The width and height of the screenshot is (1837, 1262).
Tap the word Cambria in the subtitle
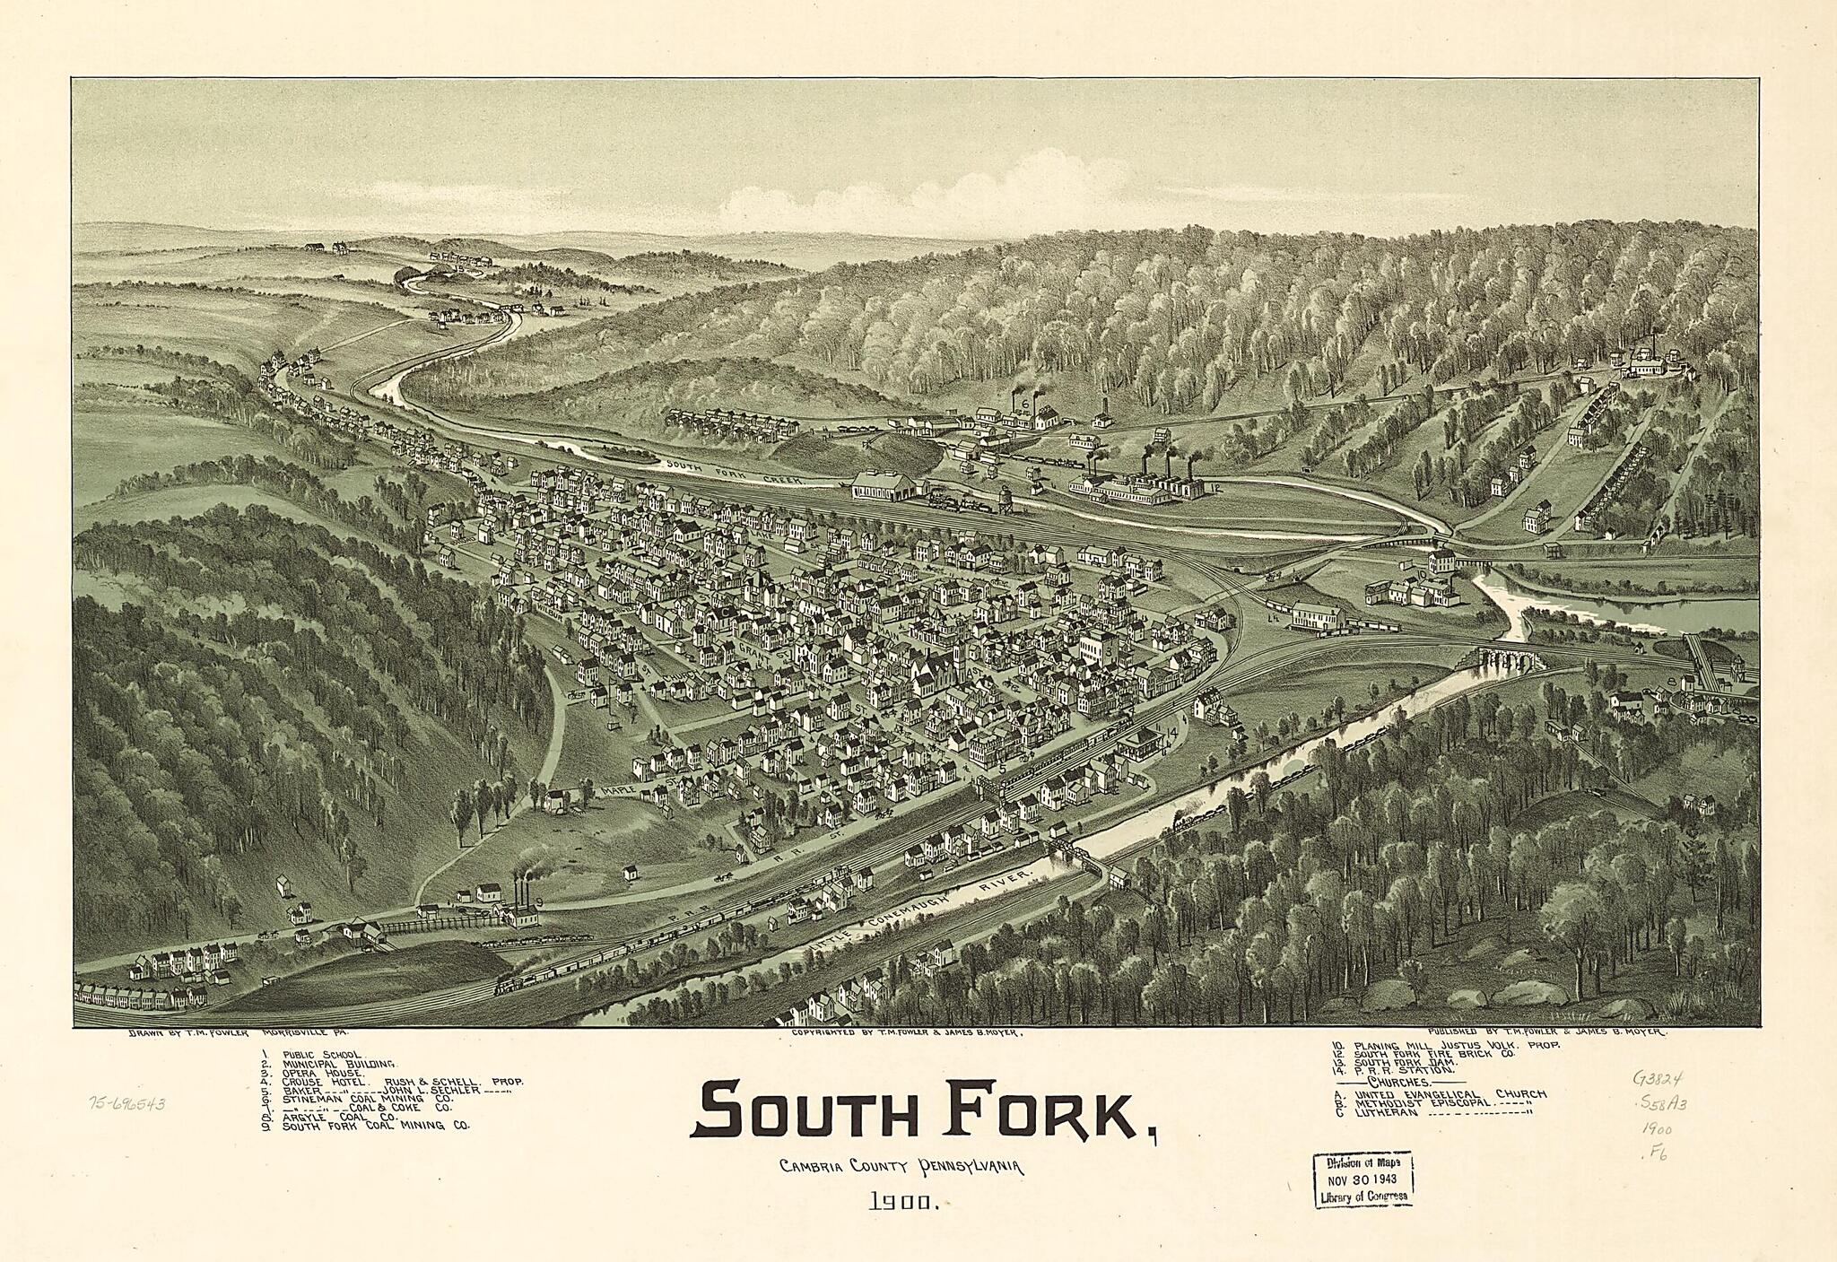click(814, 1167)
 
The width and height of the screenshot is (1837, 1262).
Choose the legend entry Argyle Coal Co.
click(339, 1117)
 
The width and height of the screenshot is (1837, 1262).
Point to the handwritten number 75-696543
click(127, 1103)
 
